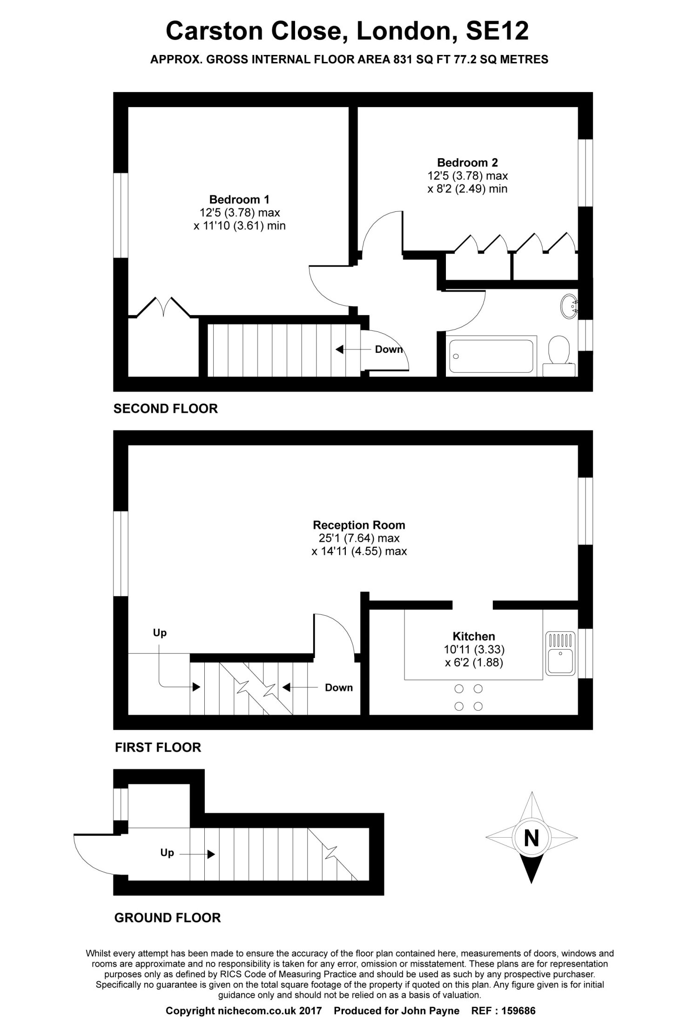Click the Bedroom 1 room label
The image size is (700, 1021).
point(239,200)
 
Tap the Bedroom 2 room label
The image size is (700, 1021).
point(467,162)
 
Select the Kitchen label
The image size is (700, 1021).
point(474,636)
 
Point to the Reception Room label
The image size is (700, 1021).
point(359,525)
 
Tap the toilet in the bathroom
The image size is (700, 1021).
point(560,356)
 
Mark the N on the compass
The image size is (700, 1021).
point(531,838)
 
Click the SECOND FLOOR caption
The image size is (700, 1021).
point(166,409)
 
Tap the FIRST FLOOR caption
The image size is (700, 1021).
point(158,747)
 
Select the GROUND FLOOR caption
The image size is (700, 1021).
point(168,918)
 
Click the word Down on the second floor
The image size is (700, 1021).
point(389,349)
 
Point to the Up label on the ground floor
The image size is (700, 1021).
point(167,853)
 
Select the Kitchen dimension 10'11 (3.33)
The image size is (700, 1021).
point(474,649)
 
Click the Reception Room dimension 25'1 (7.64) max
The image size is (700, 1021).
point(356,538)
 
